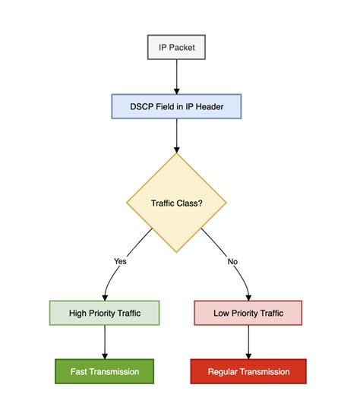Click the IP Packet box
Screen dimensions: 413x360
point(176,47)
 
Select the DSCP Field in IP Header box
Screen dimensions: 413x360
point(176,106)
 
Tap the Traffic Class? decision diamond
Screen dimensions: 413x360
point(176,203)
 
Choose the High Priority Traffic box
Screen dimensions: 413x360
point(105,313)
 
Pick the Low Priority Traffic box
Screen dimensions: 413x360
point(248,313)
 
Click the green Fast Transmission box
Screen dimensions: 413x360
point(105,371)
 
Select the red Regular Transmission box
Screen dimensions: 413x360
point(248,371)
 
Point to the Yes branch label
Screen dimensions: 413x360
point(120,260)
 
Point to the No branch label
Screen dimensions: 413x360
point(232,260)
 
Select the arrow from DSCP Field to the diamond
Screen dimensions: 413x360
point(176,135)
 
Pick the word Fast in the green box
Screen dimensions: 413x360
point(80,371)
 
